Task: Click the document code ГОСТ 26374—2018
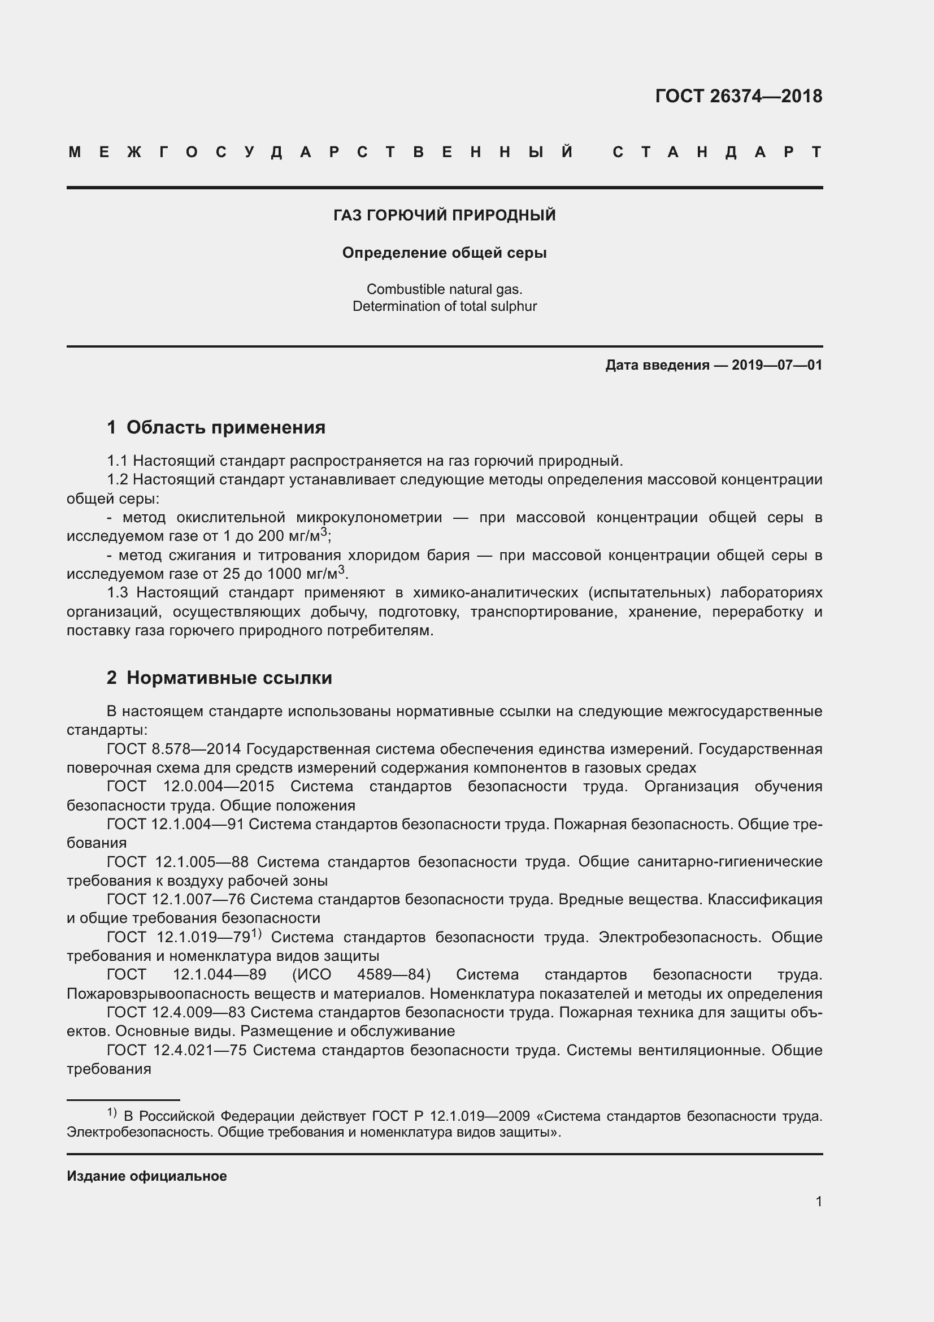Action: pyautogui.click(x=738, y=96)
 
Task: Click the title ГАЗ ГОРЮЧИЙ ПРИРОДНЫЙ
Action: pyautogui.click(x=444, y=215)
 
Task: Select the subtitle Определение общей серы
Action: pyautogui.click(x=444, y=253)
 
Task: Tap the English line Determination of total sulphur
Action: pyautogui.click(x=444, y=306)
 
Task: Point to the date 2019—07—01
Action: pyautogui.click(x=776, y=365)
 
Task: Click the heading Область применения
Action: pyautogui.click(x=225, y=427)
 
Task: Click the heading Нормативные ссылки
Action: pyautogui.click(x=229, y=678)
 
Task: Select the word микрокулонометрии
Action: pyautogui.click(x=369, y=518)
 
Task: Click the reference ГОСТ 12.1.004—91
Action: pyautogui.click(x=175, y=824)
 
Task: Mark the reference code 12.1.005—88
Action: pyautogui.click(x=201, y=862)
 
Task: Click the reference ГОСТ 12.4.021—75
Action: pyautogui.click(x=176, y=1050)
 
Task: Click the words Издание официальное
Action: pyautogui.click(x=147, y=1176)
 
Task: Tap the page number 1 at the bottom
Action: pyautogui.click(x=818, y=1202)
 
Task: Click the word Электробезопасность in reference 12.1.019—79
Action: pyautogui.click(x=680, y=937)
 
